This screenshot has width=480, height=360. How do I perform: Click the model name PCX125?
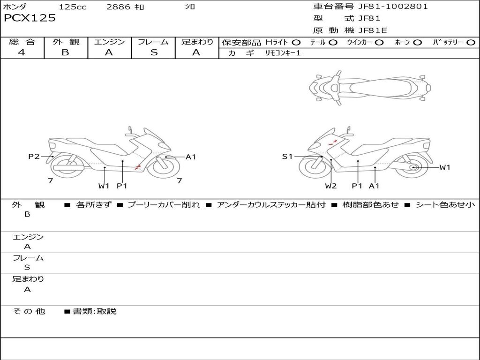(x=30, y=18)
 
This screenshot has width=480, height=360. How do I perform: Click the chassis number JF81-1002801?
(x=393, y=7)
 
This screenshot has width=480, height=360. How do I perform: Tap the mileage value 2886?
(x=118, y=7)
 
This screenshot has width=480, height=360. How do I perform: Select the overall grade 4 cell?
(x=22, y=52)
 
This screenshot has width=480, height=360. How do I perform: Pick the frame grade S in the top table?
(x=154, y=52)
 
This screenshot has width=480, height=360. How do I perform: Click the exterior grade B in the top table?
(x=65, y=52)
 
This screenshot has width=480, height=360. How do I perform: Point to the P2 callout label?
(x=34, y=157)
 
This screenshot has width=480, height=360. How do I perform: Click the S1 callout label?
(x=287, y=157)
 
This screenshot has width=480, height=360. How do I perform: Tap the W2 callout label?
(x=330, y=186)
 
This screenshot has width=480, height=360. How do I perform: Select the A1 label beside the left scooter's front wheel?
(x=191, y=157)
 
